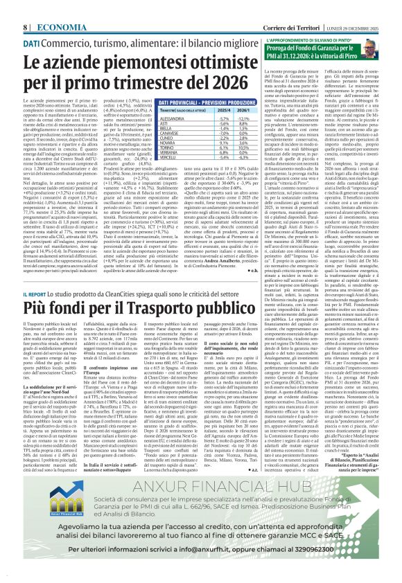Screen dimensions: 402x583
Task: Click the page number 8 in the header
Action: (x=26, y=26)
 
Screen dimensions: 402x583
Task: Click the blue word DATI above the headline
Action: (x=33, y=44)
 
